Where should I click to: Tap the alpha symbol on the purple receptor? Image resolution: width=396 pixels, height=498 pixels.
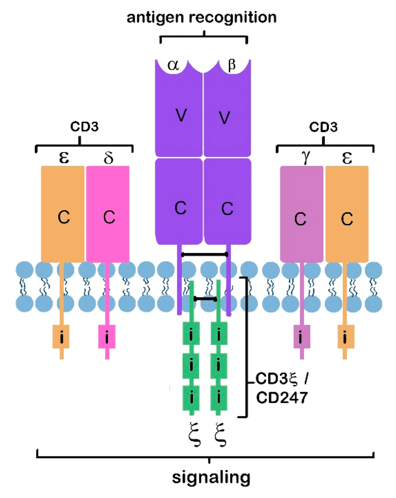tap(174, 66)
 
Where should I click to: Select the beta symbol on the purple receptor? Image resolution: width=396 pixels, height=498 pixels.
tap(232, 66)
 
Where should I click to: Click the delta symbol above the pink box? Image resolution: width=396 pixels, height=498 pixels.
tap(108, 158)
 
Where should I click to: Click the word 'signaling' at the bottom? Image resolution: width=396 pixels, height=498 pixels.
tap(209, 478)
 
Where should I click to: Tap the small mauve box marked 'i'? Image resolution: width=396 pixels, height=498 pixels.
tap(301, 336)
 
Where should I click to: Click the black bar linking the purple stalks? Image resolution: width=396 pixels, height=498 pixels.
tap(204, 254)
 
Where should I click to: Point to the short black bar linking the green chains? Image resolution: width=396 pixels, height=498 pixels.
tap(205, 298)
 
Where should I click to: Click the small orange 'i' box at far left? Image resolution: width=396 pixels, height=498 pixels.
tap(62, 336)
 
